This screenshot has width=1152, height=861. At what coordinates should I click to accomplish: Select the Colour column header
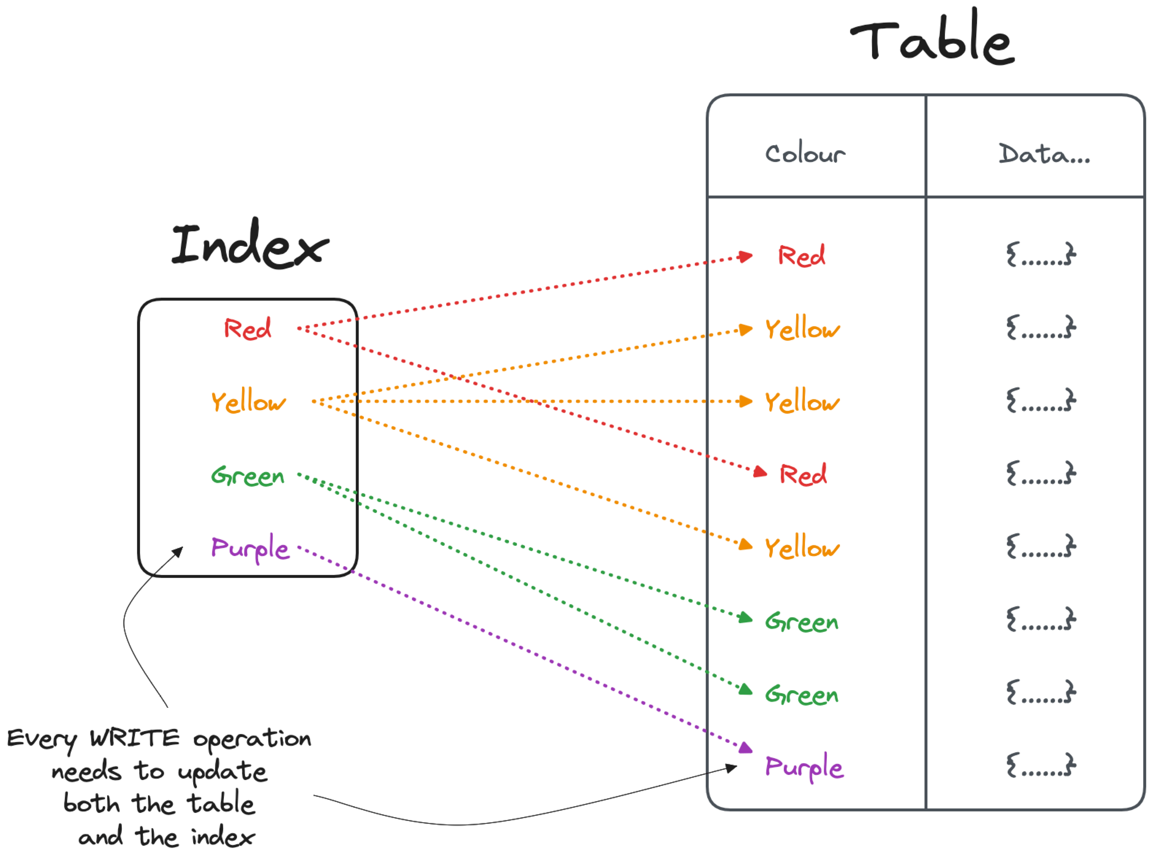click(805, 154)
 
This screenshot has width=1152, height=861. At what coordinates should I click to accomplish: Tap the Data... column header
click(1044, 154)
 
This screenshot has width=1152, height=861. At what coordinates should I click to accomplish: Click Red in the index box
click(248, 328)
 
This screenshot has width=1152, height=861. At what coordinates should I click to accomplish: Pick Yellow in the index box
click(248, 401)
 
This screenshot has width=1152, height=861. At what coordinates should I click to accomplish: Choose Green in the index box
click(248, 475)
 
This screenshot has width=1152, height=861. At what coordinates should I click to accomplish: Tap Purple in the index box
click(250, 548)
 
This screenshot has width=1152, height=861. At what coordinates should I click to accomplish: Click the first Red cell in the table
click(802, 256)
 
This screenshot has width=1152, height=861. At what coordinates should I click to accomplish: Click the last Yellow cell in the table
click(802, 548)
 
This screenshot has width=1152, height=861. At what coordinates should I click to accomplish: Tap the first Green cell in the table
click(802, 621)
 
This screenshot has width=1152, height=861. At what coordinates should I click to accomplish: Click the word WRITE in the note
click(135, 738)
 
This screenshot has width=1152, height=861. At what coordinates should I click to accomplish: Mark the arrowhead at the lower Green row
click(746, 690)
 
